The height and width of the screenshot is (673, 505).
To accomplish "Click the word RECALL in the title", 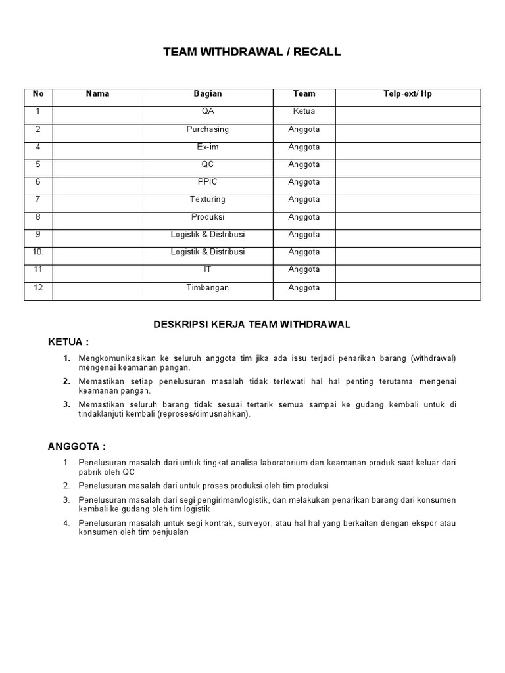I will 318,53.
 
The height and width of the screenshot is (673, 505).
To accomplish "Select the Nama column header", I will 97,94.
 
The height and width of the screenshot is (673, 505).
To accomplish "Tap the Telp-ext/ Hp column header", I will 408,94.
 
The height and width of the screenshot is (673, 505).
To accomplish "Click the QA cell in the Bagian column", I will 208,112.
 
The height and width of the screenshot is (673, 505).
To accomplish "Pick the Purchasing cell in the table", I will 208,129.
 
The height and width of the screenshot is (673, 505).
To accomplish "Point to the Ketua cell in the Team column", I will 304,112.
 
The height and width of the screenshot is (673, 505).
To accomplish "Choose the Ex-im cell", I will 208,147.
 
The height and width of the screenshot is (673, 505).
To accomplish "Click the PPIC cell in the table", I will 208,182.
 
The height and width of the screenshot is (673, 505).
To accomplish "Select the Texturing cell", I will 208,200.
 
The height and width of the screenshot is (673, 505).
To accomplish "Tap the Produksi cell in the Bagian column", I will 208,217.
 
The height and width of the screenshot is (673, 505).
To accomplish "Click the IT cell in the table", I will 208,269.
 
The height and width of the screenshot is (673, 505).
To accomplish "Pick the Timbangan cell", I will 208,288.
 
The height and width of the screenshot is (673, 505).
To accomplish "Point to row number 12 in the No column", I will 38,288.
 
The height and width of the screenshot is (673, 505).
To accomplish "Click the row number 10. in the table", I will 38,252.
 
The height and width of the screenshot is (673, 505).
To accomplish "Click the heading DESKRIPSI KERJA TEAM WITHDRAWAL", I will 252,325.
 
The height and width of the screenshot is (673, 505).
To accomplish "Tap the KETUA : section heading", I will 68,342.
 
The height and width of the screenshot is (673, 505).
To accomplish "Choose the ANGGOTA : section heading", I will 76,447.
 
